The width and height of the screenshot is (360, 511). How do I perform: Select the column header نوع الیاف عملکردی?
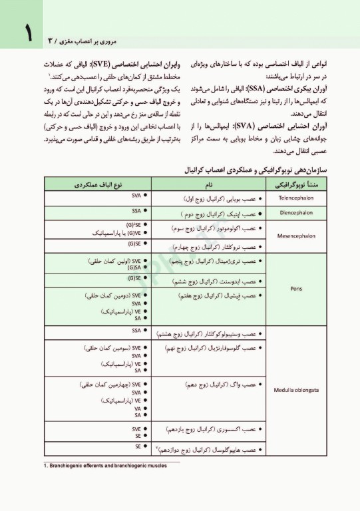[x=99, y=184]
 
